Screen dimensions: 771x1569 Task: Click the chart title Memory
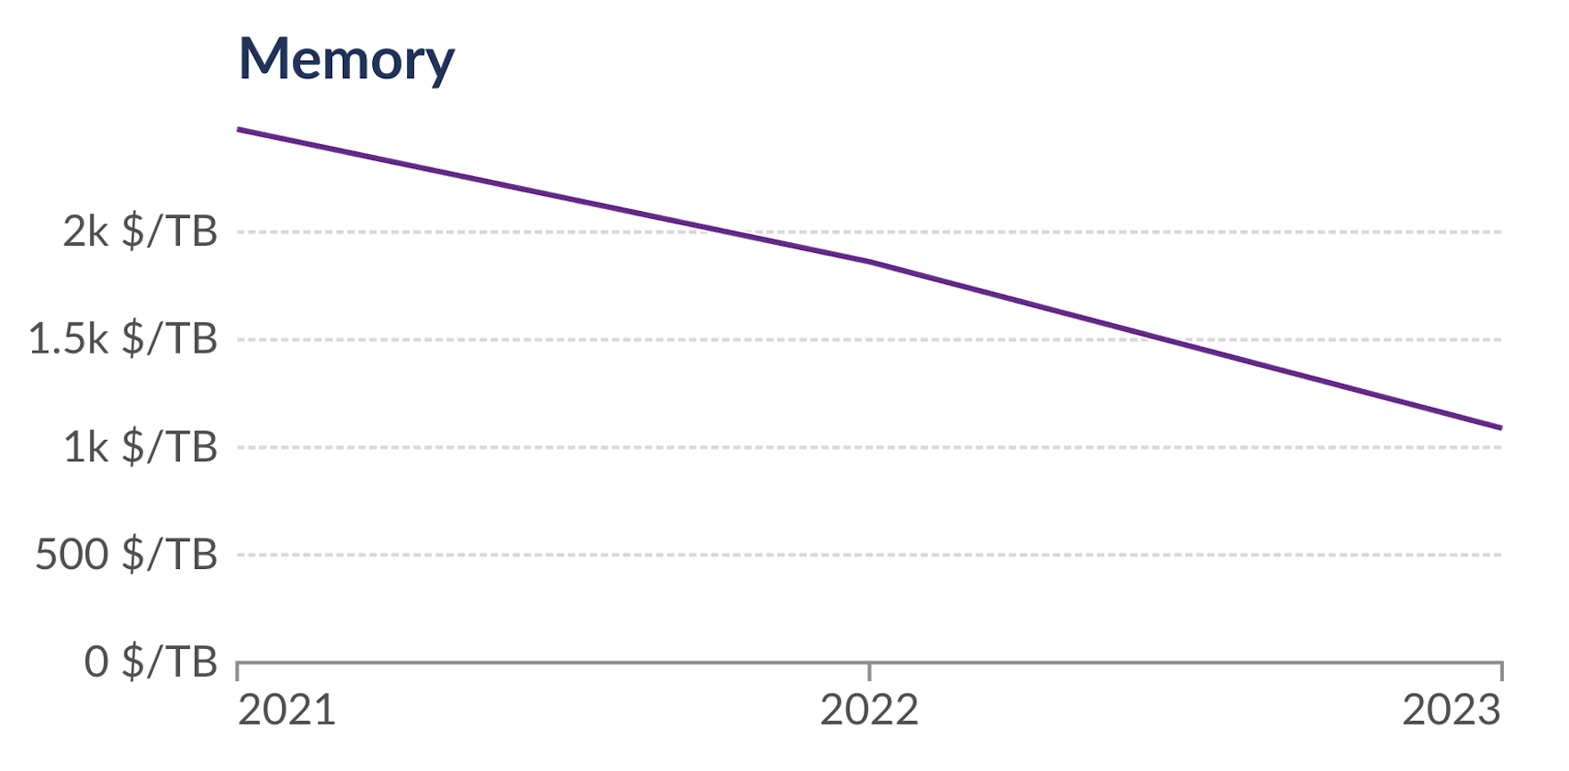click(x=346, y=59)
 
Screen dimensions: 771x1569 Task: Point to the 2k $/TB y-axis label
click(x=140, y=231)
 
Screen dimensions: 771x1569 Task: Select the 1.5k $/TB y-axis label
click(x=123, y=339)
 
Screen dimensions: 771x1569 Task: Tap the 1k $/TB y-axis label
click(x=140, y=447)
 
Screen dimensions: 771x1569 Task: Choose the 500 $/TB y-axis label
click(x=126, y=555)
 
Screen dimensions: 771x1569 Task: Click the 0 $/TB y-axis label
click(x=150, y=662)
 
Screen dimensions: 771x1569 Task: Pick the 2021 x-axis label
click(x=287, y=710)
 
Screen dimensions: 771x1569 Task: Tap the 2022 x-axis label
click(x=869, y=710)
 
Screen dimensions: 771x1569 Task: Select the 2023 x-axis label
click(x=1451, y=710)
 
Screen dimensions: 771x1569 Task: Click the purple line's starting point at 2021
click(x=239, y=129)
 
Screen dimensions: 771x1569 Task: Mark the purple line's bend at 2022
click(x=869, y=262)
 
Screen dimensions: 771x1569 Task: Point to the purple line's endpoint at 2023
click(x=1501, y=428)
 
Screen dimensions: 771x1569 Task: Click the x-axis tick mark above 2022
click(x=869, y=671)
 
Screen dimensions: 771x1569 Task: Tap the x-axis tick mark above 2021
click(x=238, y=671)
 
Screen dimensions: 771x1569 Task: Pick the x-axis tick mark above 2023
click(x=1501, y=671)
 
